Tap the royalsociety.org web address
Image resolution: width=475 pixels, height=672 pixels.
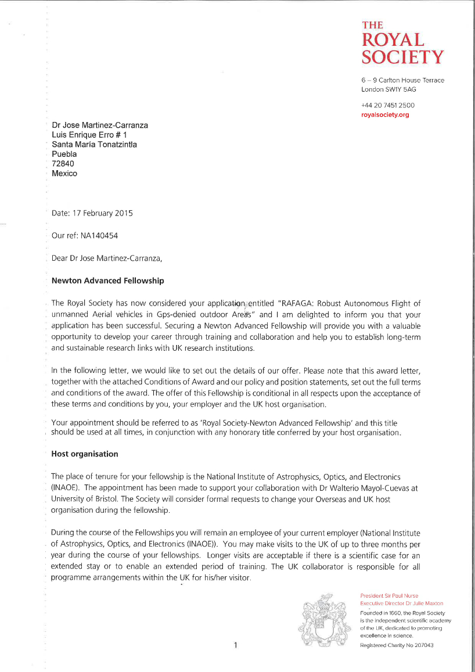point(385,115)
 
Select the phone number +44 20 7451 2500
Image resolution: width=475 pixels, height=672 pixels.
point(388,105)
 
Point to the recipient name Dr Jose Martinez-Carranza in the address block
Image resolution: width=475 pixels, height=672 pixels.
point(100,125)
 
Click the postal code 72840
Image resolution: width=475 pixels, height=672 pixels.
point(63,164)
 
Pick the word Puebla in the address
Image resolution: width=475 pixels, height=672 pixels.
point(64,154)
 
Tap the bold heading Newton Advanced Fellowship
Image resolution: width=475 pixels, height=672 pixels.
point(107,281)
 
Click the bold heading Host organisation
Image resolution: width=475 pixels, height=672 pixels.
point(85,454)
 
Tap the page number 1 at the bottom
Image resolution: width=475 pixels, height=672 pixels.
point(236,645)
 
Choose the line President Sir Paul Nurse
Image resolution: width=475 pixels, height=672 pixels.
point(389,596)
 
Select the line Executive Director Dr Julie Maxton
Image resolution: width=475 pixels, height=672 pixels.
point(401,603)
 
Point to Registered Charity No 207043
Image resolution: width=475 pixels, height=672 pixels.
point(397,645)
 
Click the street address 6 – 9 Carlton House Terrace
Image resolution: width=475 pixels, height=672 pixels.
point(402,80)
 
